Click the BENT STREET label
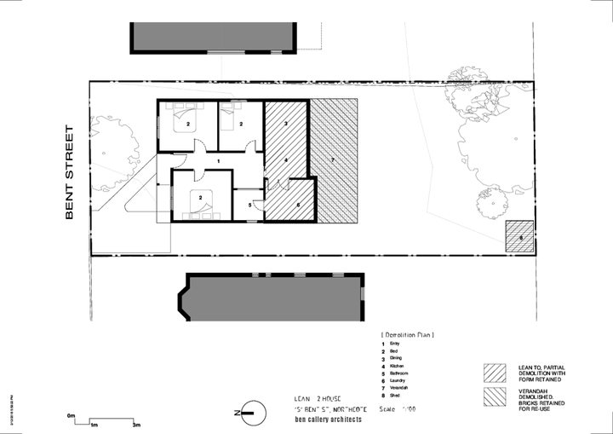point(71,174)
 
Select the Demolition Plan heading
point(407,335)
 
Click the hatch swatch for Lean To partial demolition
point(495,373)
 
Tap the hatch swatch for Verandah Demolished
point(495,396)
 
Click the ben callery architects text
point(328,420)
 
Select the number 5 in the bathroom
point(249,205)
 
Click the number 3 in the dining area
point(286,125)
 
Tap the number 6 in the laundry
point(296,205)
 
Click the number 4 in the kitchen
point(286,160)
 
